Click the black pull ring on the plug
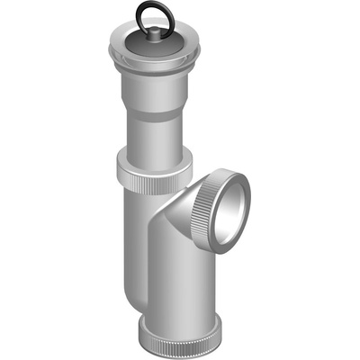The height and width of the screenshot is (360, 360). coord(149,6)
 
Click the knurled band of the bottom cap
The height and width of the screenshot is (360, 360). coord(180,339)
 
